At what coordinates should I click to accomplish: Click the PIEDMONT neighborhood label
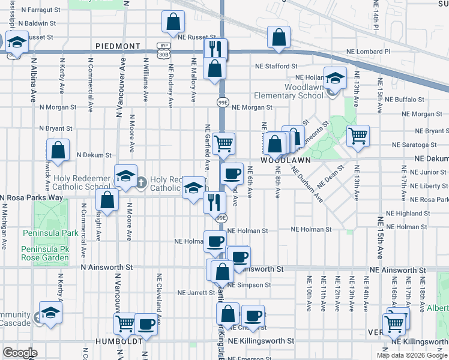coord(118,46)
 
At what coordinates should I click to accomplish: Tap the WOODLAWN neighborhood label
coord(285,161)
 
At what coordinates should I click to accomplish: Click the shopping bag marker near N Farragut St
coord(173,22)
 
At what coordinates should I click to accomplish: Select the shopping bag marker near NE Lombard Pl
coord(279,37)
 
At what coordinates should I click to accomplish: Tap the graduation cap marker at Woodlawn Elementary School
coord(335,77)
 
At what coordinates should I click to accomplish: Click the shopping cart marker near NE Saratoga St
coord(358,136)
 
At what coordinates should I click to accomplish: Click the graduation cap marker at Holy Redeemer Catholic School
coord(125,175)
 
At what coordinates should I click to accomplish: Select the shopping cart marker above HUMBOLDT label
coord(125,324)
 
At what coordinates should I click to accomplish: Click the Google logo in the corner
coord(20,352)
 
